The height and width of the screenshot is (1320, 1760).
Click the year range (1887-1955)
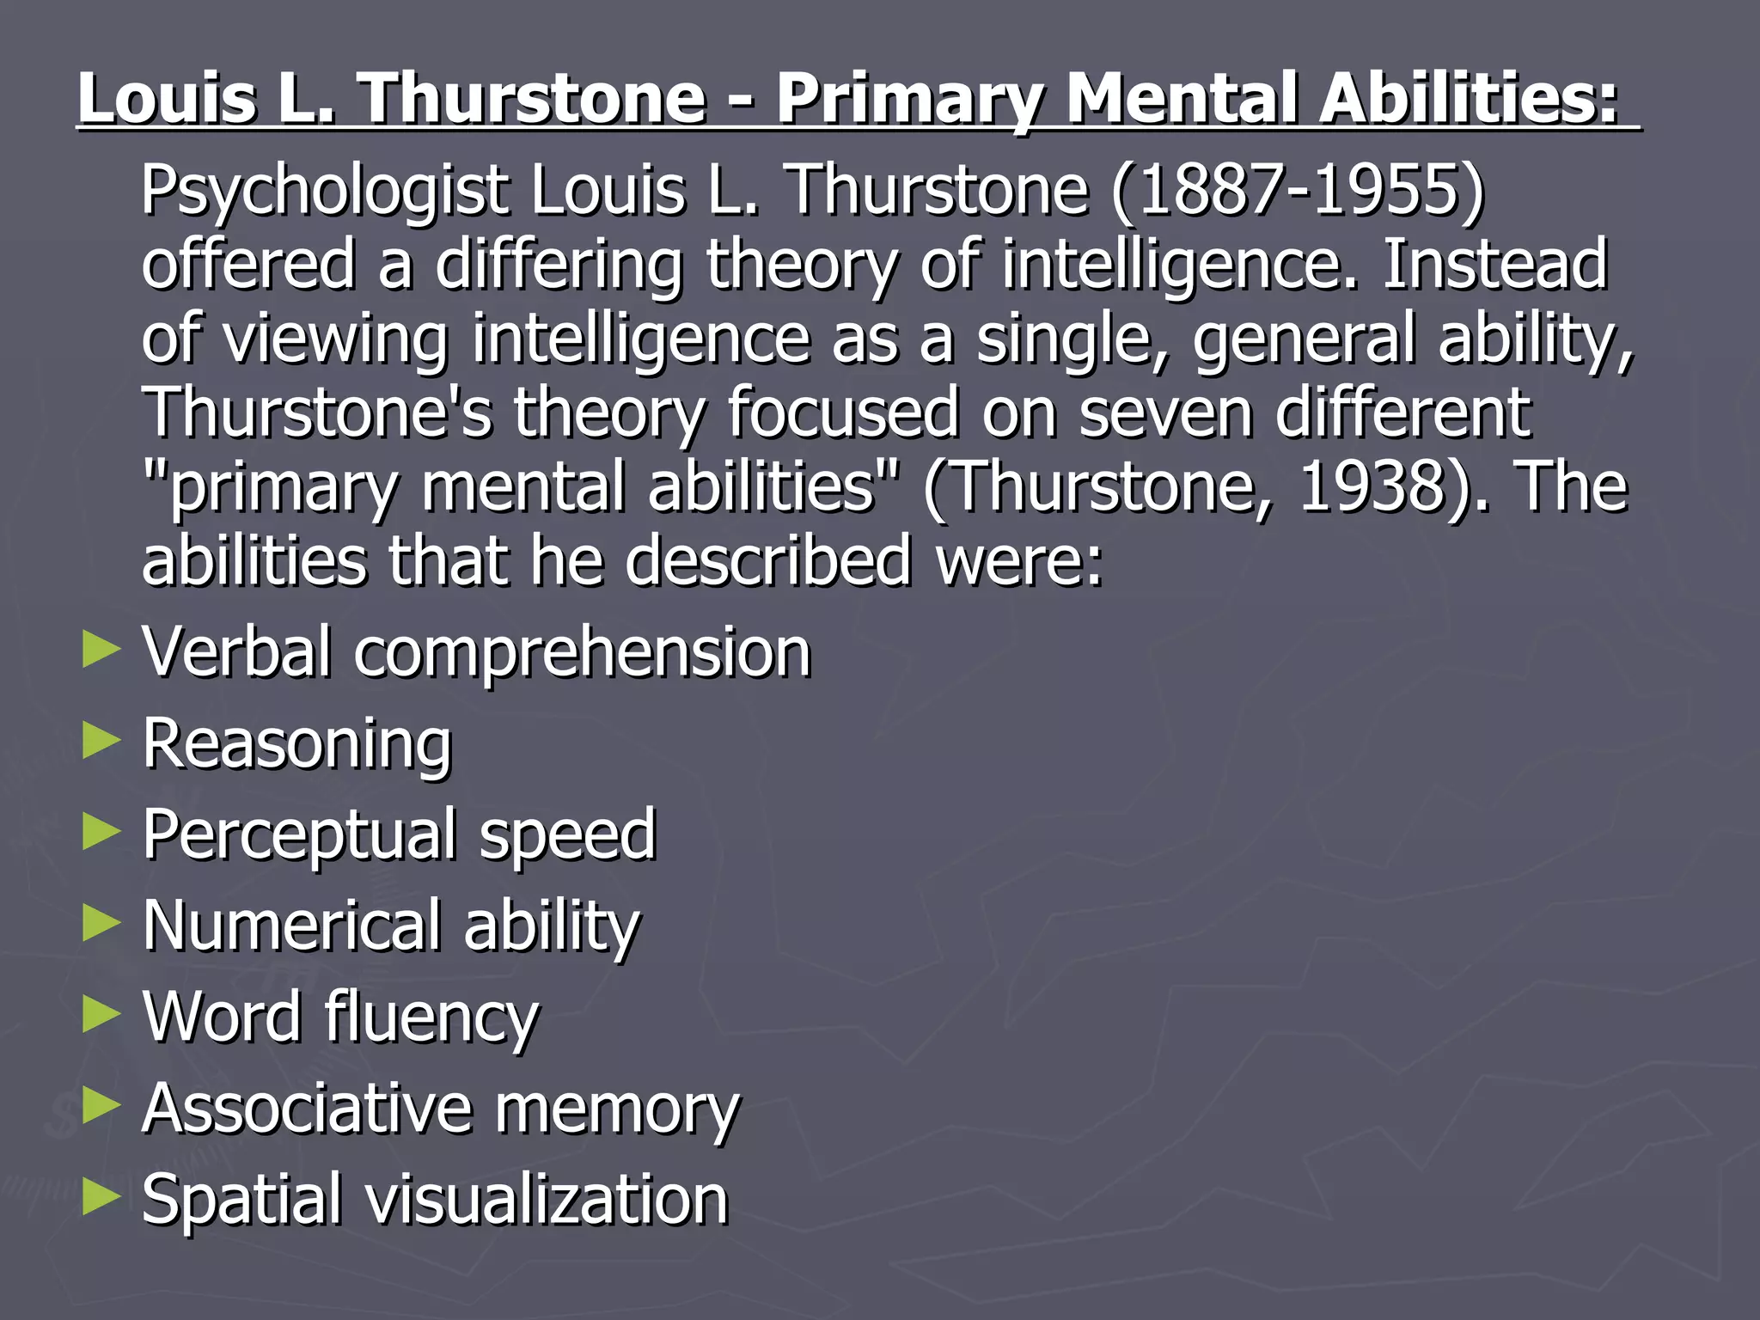pyautogui.click(x=1297, y=190)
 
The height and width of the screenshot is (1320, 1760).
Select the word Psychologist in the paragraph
pyautogui.click(x=325, y=192)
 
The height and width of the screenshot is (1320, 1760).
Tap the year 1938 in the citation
pyautogui.click(x=1372, y=486)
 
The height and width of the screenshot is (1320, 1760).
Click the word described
pyautogui.click(x=767, y=560)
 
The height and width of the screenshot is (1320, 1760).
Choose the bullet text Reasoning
pyautogui.click(x=296, y=744)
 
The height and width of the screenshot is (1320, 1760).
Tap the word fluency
pyautogui.click(x=431, y=1017)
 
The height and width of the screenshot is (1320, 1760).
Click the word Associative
pyautogui.click(x=307, y=1109)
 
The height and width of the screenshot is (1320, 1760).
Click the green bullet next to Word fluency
pyautogui.click(x=101, y=1014)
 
